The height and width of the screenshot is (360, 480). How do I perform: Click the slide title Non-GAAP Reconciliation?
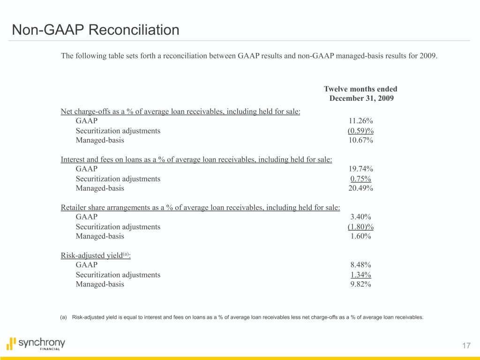96,30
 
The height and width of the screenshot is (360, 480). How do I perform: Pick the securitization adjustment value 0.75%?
360,179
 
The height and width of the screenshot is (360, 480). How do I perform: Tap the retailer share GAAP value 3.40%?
360,217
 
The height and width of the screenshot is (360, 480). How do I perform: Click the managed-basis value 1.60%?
360,236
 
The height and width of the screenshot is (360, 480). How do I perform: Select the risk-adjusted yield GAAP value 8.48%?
360,265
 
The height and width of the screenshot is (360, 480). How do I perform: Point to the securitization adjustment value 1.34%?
360,275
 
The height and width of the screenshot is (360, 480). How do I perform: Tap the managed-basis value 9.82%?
360,284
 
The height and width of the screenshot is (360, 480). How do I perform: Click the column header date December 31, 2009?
361,98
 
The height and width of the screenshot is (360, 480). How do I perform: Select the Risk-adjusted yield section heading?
96,255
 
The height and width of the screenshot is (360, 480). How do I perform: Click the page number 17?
466,346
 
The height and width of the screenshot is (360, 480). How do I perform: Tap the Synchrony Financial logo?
36,344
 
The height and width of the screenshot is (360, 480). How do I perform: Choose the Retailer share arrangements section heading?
201,207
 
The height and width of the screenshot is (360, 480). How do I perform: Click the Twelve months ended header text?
360,89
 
